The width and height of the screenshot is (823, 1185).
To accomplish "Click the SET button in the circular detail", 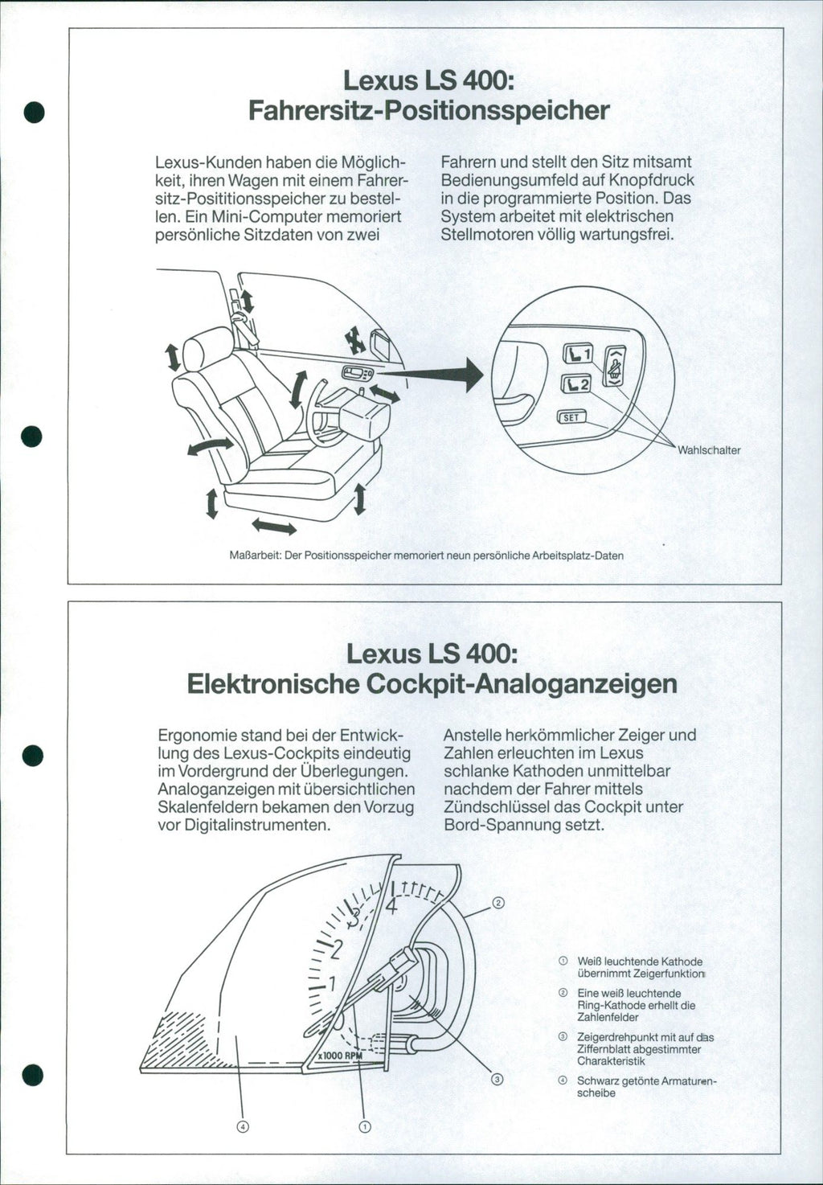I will click(571, 416).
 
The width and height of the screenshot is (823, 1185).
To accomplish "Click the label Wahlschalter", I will click(709, 450).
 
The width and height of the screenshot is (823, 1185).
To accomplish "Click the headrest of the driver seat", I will click(209, 347).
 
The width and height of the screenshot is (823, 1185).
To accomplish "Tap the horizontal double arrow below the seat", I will click(274, 527).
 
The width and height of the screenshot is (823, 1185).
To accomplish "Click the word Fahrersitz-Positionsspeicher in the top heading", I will click(429, 109).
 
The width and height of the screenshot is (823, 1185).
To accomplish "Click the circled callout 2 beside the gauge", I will click(498, 903).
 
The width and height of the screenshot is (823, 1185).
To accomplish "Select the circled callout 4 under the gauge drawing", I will click(243, 1126).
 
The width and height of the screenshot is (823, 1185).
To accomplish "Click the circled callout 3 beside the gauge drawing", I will click(497, 1079).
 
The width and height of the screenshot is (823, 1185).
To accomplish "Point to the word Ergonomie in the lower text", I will click(195, 735).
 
